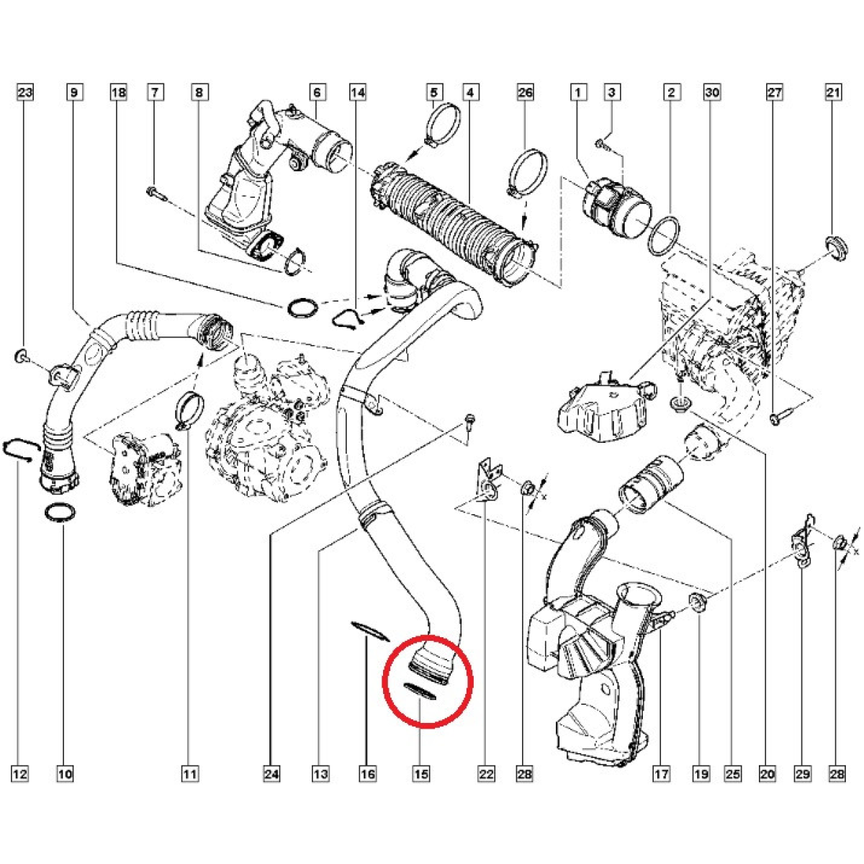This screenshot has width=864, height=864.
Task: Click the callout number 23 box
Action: (x=25, y=92)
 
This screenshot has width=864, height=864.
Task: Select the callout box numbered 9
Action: (x=74, y=92)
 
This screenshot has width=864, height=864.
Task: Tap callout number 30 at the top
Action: (x=712, y=92)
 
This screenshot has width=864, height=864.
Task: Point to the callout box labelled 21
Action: (x=833, y=92)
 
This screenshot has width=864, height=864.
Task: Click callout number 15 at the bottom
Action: (x=421, y=774)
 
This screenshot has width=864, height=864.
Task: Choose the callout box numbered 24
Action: (x=271, y=774)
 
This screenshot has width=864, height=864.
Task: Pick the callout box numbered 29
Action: (x=803, y=774)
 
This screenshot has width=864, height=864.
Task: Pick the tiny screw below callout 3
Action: (x=604, y=146)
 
